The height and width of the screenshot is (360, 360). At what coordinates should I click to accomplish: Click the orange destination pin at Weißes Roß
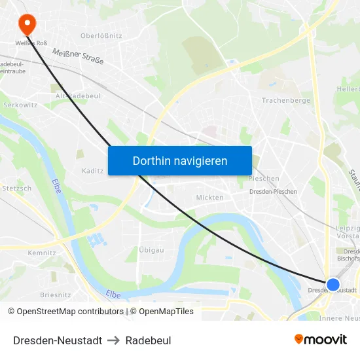click(27, 24)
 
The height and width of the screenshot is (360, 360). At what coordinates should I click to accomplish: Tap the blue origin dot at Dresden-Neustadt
click(333, 285)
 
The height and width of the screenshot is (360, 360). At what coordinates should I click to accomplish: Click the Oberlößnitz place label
click(101, 36)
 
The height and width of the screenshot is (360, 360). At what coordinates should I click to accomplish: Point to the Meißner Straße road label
click(78, 58)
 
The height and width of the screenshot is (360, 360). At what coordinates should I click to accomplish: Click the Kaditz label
click(93, 171)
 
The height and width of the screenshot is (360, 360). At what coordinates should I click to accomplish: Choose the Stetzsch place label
click(17, 189)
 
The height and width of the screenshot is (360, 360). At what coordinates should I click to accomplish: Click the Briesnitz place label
click(55, 295)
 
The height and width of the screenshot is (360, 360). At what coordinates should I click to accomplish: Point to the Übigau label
click(151, 250)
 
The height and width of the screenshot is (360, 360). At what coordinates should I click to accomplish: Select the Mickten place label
click(209, 197)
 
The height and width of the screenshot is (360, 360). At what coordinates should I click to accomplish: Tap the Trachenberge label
click(285, 100)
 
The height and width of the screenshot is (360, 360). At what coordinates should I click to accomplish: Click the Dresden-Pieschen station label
click(274, 192)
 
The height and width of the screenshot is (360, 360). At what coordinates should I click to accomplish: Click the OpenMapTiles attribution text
click(162, 312)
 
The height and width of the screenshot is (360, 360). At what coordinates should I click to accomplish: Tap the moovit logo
click(320, 339)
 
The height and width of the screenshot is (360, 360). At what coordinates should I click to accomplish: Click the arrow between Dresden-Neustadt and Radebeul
click(114, 340)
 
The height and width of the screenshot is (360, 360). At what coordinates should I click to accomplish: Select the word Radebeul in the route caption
click(148, 340)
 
